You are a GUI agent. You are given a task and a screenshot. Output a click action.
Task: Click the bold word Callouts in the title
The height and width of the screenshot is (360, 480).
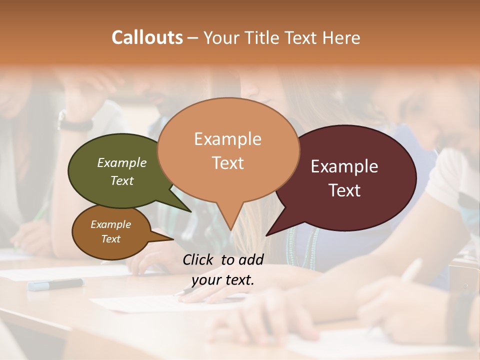(x=147, y=37)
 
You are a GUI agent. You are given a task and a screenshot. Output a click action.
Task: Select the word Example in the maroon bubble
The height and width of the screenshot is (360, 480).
(x=344, y=166)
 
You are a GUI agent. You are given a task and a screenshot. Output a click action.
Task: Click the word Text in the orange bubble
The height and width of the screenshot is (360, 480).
(x=228, y=163)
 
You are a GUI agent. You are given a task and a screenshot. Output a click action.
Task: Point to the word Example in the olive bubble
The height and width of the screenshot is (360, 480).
(x=122, y=162)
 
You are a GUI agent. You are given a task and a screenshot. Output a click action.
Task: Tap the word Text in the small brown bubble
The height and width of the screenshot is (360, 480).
(x=111, y=239)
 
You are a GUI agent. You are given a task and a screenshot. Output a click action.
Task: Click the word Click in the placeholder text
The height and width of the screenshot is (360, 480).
(x=198, y=259)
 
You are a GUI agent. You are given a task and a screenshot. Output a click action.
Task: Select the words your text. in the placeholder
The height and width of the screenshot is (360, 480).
(x=223, y=280)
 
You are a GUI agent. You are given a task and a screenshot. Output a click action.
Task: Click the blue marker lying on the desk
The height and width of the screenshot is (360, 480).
(x=55, y=284)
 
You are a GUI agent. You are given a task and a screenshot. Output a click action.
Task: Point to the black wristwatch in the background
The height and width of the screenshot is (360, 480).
(x=75, y=122)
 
